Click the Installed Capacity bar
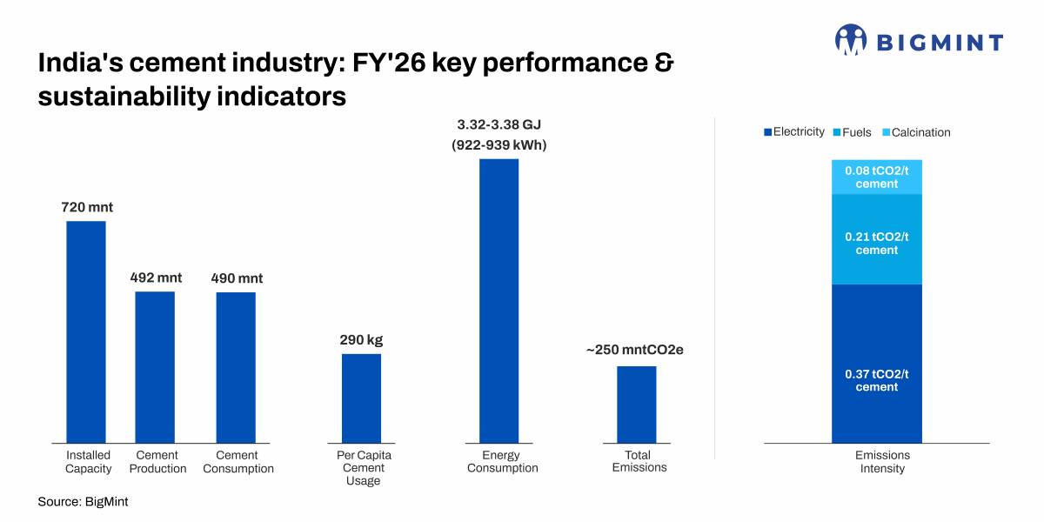pyautogui.click(x=86, y=331)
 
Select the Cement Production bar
pyautogui.click(x=155, y=367)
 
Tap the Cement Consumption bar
pyautogui.click(x=236, y=368)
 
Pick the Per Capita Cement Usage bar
pyautogui.click(x=361, y=398)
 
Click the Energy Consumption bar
pyautogui.click(x=499, y=301)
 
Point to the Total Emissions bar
pyautogui.click(x=637, y=405)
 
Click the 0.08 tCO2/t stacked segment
pyautogui.click(x=877, y=177)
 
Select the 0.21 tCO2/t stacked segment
pyautogui.click(x=877, y=239)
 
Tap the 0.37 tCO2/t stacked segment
pyautogui.click(x=877, y=364)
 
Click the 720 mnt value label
pyautogui.click(x=87, y=207)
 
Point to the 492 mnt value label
pyautogui.click(x=156, y=278)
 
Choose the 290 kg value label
pyautogui.click(x=361, y=340)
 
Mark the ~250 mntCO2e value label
pyautogui.click(x=635, y=350)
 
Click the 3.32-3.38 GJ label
pyautogui.click(x=499, y=124)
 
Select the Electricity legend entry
pyautogui.click(x=794, y=132)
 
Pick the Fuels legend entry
pyautogui.click(x=852, y=132)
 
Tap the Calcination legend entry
pyautogui.click(x=917, y=132)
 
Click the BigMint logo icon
pyautogui.click(x=851, y=40)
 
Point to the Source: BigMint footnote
pyautogui.click(x=83, y=501)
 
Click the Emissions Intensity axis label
pyautogui.click(x=882, y=461)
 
